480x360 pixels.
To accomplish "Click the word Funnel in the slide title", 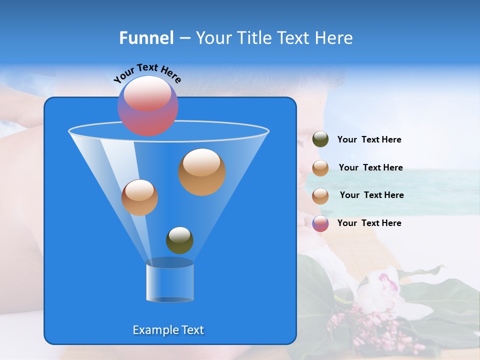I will pos(146,38).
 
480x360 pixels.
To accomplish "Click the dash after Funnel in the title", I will pos(184,38).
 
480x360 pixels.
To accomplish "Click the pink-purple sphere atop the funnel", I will pos(148,105).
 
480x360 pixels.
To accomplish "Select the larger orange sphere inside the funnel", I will pos(201,171).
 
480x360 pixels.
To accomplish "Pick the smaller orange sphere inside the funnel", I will pos(139,197).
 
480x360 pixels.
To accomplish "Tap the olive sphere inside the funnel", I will pos(179,240).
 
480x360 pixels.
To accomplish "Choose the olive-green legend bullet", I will pos(320,139).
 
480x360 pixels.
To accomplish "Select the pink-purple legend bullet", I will pos(320,223).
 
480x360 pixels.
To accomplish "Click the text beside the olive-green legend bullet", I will pos(369,140).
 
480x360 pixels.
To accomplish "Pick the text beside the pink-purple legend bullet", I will pos(369,223).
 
